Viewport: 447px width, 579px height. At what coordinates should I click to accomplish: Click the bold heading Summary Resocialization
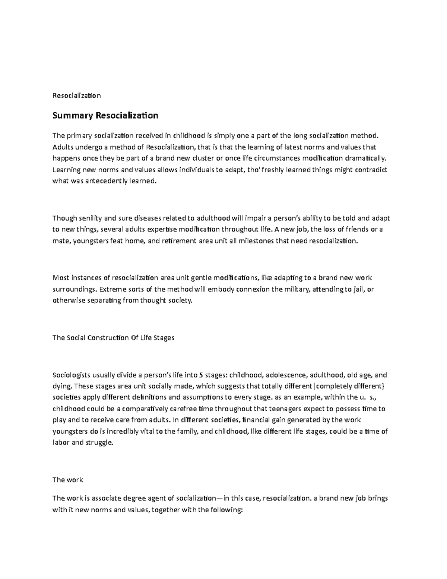point(105,116)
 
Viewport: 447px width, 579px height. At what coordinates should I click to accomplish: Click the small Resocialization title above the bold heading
point(76,95)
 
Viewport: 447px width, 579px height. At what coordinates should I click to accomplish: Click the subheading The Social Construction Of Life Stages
point(113,338)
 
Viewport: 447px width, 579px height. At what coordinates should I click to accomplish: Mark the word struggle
point(99,443)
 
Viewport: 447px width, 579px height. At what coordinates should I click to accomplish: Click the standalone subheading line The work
point(68,480)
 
